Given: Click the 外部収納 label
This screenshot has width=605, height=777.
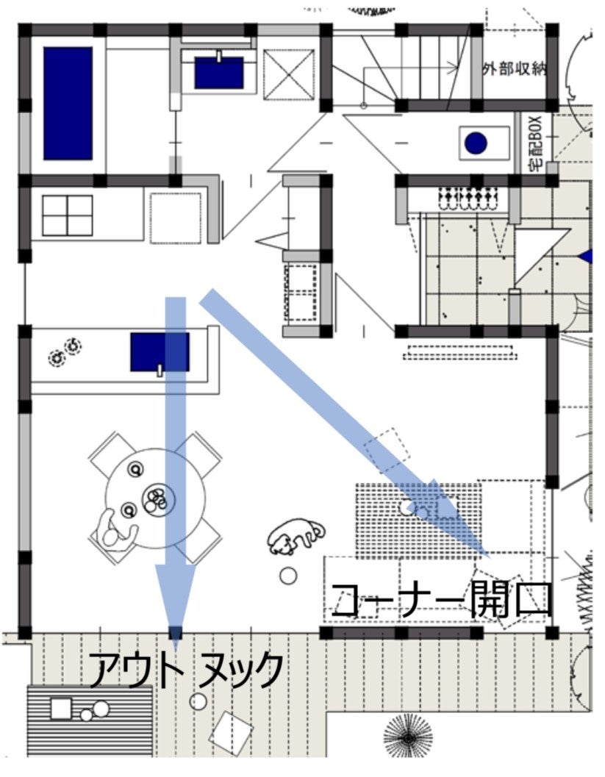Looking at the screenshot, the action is pyautogui.click(x=515, y=69).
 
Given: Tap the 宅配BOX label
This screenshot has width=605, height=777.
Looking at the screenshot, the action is pyautogui.click(x=537, y=143).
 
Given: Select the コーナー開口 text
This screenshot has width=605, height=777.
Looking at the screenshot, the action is pyautogui.click(x=441, y=600).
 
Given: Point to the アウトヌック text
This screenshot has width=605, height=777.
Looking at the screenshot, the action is pyautogui.click(x=186, y=670).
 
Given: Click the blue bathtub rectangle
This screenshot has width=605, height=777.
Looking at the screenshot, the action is pyautogui.click(x=68, y=104).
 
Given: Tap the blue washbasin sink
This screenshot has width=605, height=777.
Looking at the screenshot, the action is pyautogui.click(x=218, y=72).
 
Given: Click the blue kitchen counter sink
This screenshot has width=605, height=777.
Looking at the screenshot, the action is pyautogui.click(x=160, y=352).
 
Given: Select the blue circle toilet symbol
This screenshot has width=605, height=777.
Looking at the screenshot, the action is pyautogui.click(x=476, y=143).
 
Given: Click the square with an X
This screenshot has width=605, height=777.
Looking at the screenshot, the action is pyautogui.click(x=289, y=74).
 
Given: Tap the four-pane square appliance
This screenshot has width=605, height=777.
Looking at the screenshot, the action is pyautogui.click(x=68, y=215).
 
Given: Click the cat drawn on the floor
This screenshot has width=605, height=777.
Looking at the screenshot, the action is pyautogui.click(x=296, y=536).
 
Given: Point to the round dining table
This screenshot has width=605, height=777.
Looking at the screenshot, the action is pyautogui.click(x=155, y=498).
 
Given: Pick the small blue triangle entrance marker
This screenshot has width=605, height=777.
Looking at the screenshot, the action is pyautogui.click(x=587, y=257).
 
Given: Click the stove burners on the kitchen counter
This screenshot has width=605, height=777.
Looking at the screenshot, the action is pyautogui.click(x=65, y=351).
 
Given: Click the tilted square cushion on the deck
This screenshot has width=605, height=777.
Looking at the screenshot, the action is pyautogui.click(x=230, y=734).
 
